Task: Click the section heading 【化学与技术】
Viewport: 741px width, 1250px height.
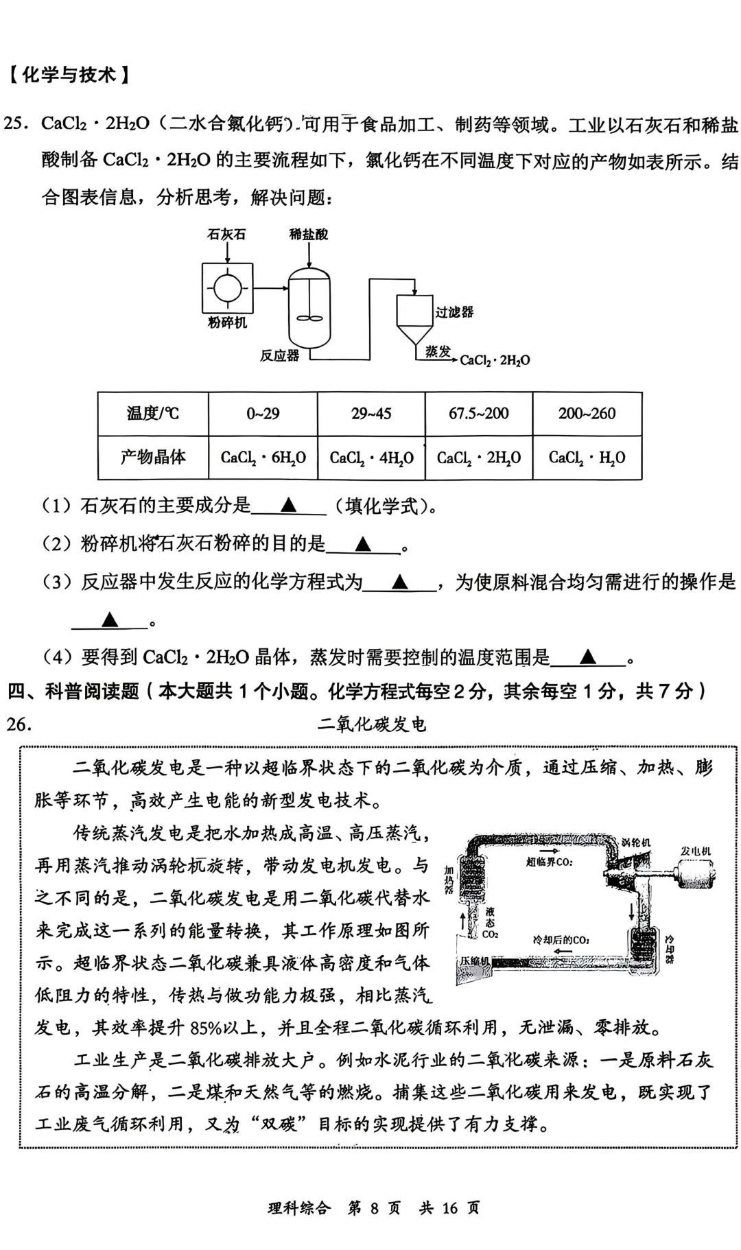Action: click(69, 74)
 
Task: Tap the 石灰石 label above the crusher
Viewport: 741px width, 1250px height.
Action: click(226, 235)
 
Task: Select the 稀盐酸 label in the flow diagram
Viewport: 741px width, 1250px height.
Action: click(308, 235)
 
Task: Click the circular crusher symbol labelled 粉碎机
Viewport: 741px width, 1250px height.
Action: click(227, 287)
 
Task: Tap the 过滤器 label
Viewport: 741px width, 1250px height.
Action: click(454, 312)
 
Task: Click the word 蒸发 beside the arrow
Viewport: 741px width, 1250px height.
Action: click(438, 352)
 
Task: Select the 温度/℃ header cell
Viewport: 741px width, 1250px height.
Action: click(152, 413)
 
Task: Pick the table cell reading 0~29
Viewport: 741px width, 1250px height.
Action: click(263, 413)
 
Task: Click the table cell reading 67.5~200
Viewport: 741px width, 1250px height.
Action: click(479, 413)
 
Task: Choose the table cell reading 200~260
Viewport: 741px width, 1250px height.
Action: click(587, 413)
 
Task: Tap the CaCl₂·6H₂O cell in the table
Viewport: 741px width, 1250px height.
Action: click(263, 457)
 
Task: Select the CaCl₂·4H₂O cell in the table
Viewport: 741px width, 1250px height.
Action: click(371, 457)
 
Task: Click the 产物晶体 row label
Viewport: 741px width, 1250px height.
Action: click(152, 457)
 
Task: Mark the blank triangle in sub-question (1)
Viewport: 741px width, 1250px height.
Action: click(288, 506)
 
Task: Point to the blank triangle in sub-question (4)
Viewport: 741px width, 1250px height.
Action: click(587, 657)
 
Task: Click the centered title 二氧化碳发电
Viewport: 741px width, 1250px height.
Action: click(371, 724)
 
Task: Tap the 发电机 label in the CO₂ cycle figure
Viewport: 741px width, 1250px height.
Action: click(696, 851)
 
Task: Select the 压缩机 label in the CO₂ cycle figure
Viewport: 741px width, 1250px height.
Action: click(474, 962)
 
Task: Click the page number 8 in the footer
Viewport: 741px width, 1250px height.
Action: click(374, 1207)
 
